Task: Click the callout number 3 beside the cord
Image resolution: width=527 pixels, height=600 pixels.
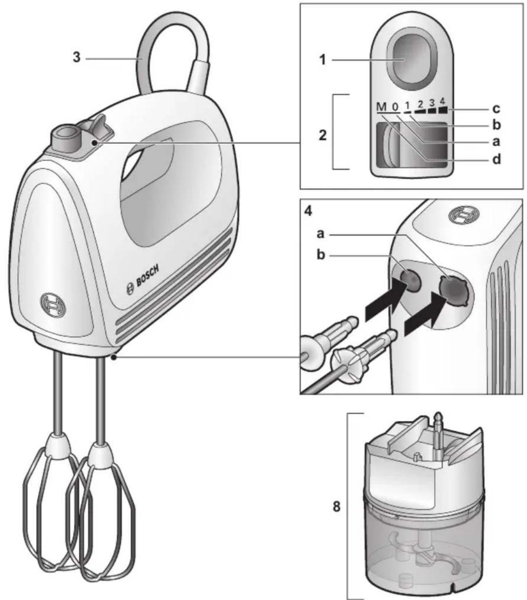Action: [77, 57]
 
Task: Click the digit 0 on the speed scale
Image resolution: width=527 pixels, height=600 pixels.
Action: [395, 107]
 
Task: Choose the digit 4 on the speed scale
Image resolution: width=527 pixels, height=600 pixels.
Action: [442, 101]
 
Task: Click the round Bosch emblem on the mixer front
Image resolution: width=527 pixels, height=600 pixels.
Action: [53, 307]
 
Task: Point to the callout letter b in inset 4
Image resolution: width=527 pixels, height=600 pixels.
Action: [321, 254]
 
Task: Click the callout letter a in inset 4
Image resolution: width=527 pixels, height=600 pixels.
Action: [321, 234]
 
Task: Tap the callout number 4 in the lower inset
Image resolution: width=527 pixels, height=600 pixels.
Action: [309, 211]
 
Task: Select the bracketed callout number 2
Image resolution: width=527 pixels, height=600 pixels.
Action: [323, 135]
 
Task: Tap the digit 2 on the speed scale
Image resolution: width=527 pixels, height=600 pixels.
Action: [420, 104]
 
